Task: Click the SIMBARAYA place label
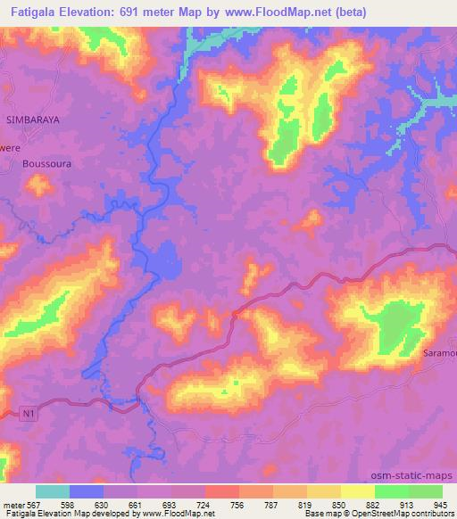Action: [x=32, y=119]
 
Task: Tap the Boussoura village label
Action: [x=47, y=165]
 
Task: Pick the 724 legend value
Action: [x=204, y=504]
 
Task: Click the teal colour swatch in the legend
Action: [x=53, y=491]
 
